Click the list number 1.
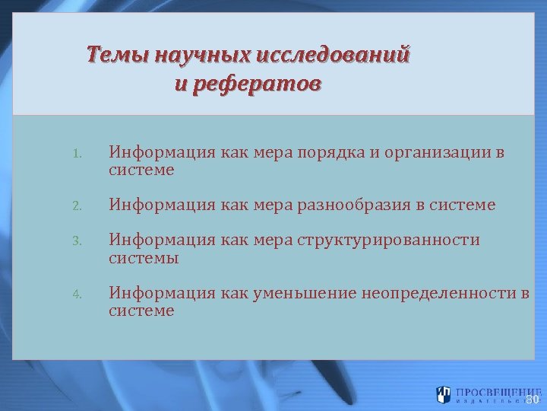tap(77, 155)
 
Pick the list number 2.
tap(77, 206)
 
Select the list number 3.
tap(77, 242)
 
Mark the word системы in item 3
tap(144, 258)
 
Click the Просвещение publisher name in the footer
tap(492, 391)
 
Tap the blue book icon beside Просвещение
tap(444, 394)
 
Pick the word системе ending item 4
tap(141, 311)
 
